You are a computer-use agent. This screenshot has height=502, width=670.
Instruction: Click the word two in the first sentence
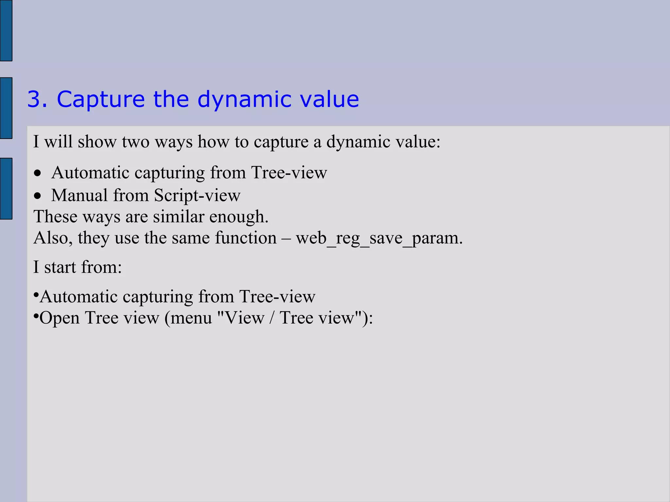[x=135, y=142]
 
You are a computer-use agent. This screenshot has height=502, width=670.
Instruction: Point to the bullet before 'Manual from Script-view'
[x=38, y=196]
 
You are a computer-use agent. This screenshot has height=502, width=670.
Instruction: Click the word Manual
[x=79, y=195]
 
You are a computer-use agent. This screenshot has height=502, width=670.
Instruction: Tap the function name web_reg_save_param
[x=378, y=238]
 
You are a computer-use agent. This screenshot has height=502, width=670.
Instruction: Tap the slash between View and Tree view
[x=272, y=318]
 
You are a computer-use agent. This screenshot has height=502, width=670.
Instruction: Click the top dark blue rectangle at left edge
[x=6, y=30]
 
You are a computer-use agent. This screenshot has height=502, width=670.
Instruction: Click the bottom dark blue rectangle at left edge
[x=6, y=188]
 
